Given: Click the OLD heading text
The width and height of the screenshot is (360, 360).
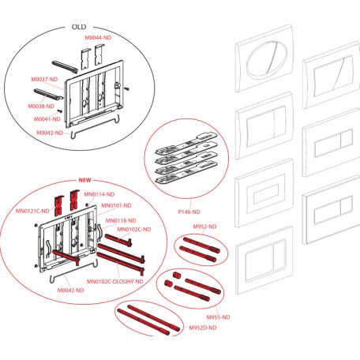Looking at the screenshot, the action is click(79, 27).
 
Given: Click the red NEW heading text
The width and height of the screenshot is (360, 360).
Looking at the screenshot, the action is click(84, 180).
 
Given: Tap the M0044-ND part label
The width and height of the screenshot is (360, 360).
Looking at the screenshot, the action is click(98, 38).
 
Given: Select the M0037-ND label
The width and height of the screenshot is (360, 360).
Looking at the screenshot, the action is click(44, 79).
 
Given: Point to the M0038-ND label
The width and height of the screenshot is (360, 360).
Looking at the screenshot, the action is click(41, 107).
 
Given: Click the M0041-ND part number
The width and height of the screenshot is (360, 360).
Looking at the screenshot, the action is click(47, 119).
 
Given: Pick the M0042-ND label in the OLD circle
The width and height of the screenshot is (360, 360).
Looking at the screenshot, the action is click(50, 133).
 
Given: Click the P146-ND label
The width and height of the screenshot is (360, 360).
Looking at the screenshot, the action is click(189, 212).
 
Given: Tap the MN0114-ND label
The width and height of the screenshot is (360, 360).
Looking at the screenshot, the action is click(99, 194).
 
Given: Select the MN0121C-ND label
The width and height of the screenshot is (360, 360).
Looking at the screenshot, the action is click(32, 211).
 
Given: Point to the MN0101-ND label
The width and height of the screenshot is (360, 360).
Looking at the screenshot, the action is click(116, 205).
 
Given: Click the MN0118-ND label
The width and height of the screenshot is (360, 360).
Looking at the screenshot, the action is click(121, 220).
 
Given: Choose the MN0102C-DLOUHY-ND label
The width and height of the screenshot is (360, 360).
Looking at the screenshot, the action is click(115, 282).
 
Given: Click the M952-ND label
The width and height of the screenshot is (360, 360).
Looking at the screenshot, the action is click(204, 227).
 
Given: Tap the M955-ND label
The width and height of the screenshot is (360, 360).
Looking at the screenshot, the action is click(218, 317).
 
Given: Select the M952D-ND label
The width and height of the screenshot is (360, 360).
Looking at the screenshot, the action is click(203, 328).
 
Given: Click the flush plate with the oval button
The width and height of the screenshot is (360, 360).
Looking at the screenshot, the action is click(264, 58).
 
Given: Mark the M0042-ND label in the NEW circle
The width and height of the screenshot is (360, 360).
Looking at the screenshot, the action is click(70, 291).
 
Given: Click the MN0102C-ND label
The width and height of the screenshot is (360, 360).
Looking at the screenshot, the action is click(134, 230).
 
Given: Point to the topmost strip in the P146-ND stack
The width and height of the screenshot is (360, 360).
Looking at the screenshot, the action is click(186, 143).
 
